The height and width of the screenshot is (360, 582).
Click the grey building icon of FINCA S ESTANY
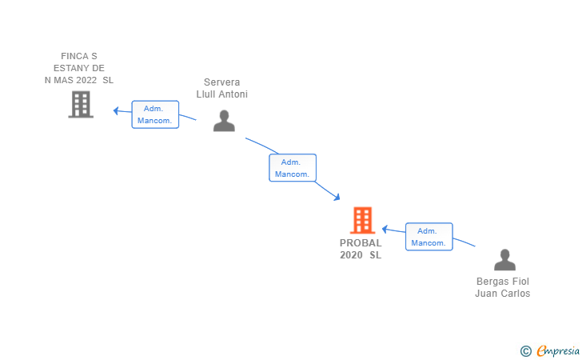click(x=81, y=105)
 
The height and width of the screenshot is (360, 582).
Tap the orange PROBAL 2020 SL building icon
click(x=362, y=220)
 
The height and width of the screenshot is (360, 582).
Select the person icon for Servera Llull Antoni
click(x=225, y=120)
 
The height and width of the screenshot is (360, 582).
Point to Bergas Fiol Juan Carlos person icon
click(x=504, y=260)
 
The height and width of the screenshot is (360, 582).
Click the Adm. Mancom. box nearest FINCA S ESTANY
click(x=155, y=114)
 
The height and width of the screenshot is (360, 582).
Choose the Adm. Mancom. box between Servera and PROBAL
click(x=292, y=168)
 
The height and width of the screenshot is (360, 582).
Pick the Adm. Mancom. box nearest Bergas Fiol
click(x=429, y=237)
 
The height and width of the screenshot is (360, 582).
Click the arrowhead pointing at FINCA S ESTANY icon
click(x=116, y=110)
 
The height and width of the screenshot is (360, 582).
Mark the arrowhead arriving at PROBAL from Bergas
click(x=385, y=229)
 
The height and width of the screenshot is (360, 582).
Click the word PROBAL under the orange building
click(x=361, y=243)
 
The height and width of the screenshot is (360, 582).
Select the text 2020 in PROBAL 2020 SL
click(x=351, y=255)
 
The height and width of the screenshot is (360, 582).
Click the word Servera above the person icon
click(x=221, y=82)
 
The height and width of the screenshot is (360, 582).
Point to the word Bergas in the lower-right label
click(x=491, y=282)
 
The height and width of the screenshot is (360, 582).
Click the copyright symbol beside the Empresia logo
click(x=525, y=350)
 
